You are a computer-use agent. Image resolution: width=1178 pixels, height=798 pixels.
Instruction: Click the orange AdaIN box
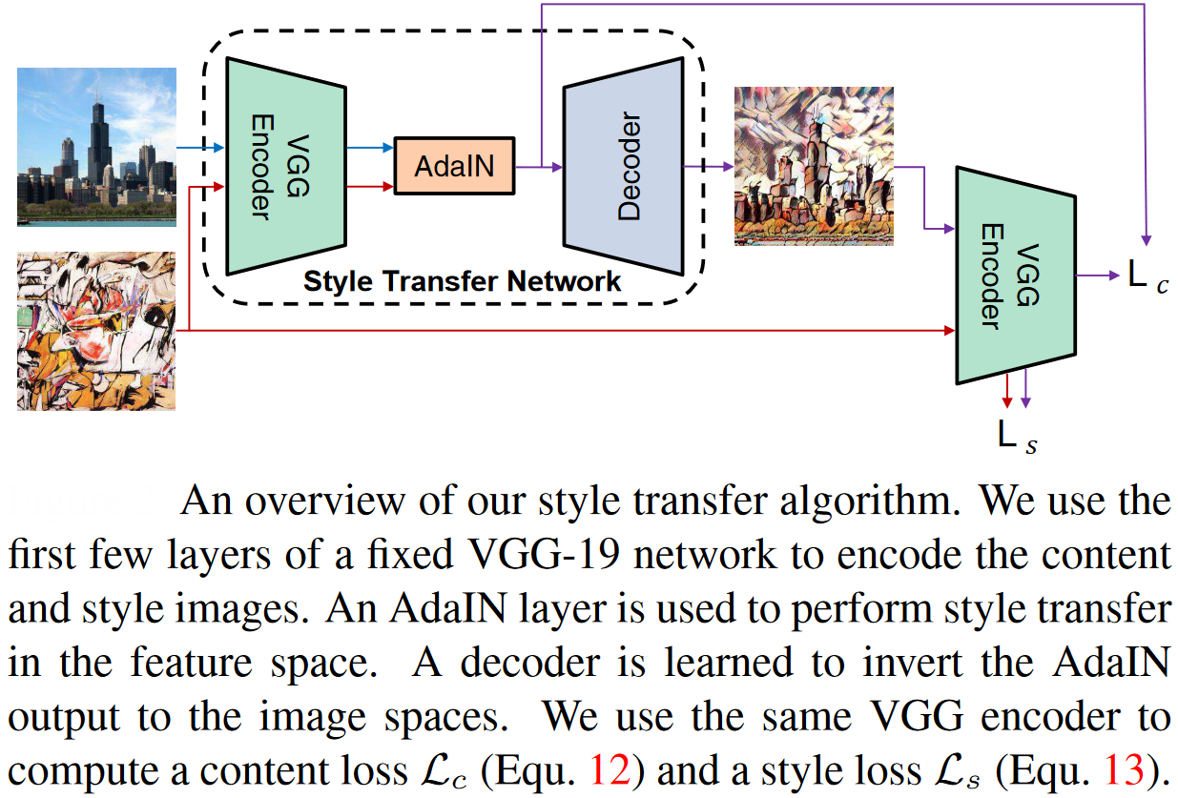[x=454, y=166]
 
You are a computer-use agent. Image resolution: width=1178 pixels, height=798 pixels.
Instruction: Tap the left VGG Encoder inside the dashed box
[x=285, y=166]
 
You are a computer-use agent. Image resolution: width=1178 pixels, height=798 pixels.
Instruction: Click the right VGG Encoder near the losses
[x=1015, y=276]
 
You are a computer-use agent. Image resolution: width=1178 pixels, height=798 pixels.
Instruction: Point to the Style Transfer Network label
[x=463, y=282]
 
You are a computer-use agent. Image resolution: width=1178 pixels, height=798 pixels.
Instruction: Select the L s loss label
[x=1018, y=436]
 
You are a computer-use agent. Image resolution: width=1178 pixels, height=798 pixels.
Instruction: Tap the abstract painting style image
[x=96, y=330]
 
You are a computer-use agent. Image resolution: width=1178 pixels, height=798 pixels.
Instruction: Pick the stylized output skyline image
[x=814, y=166]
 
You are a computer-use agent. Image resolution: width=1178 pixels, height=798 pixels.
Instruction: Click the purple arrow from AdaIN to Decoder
[x=539, y=167]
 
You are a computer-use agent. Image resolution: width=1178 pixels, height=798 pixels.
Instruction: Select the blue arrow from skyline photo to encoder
[x=200, y=148]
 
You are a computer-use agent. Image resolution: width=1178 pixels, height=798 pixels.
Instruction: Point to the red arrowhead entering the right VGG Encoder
[x=948, y=331]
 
